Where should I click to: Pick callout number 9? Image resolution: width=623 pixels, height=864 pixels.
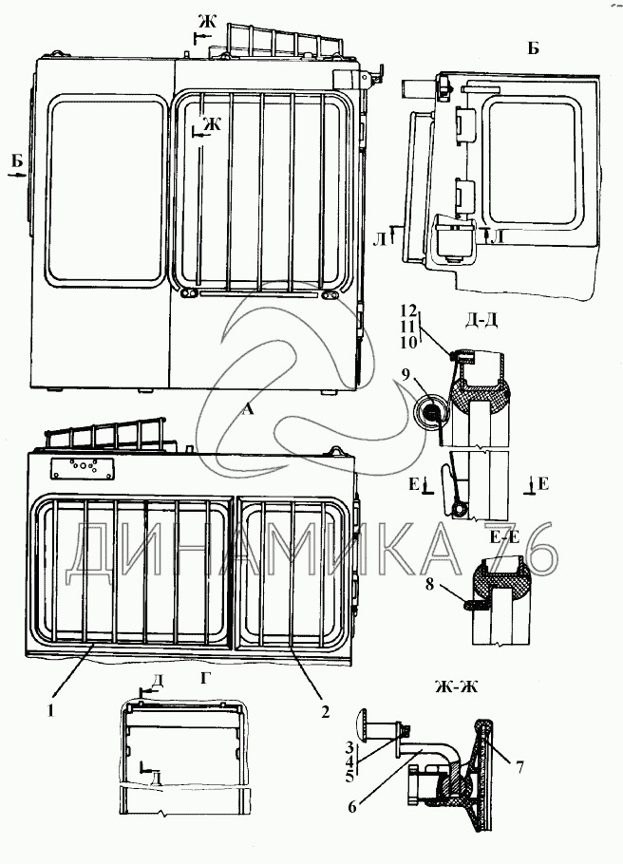click(x=406, y=376)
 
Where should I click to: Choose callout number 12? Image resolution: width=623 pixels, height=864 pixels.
click(x=407, y=311)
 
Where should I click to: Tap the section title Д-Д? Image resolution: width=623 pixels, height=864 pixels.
click(x=474, y=319)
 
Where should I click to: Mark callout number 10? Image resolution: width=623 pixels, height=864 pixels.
click(x=407, y=340)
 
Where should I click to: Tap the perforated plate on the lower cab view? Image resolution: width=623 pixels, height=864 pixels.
click(x=83, y=470)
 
